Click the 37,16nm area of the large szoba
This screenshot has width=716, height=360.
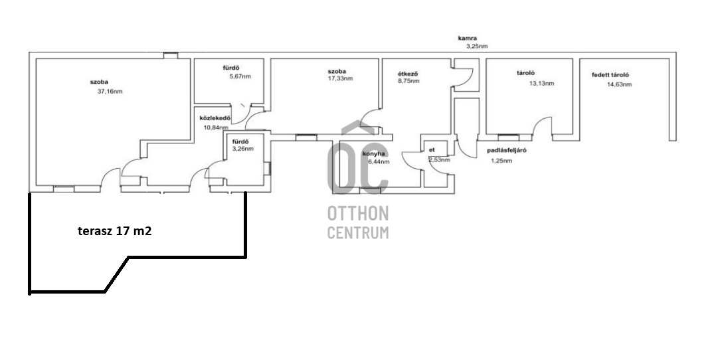point(110,92)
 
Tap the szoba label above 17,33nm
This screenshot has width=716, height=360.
point(337,71)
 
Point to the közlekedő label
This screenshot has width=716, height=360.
point(215,118)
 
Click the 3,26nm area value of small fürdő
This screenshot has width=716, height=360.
point(242,149)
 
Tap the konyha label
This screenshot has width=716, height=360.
point(373,154)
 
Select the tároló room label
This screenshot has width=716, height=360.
point(525,73)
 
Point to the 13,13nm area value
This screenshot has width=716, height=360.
point(541,84)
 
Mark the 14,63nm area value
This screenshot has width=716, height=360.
point(619,84)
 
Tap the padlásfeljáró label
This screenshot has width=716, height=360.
point(506,150)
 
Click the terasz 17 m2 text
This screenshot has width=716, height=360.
point(115,231)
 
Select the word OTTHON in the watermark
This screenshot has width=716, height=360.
point(358,213)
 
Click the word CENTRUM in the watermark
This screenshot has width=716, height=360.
point(358,232)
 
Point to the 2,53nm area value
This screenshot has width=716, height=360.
point(439,160)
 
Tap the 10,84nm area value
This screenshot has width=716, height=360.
point(215,128)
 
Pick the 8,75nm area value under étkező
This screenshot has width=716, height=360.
point(408,81)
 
